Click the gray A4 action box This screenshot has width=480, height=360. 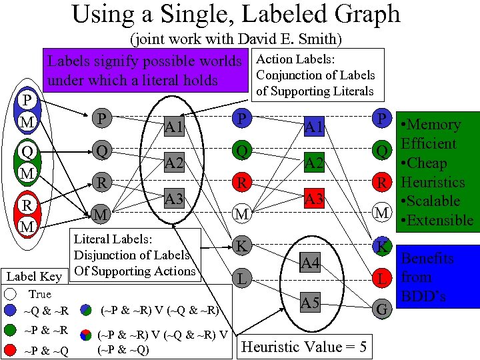pyautogui.click(x=309, y=264)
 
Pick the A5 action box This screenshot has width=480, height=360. pyautogui.click(x=309, y=303)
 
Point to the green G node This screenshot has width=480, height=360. pyautogui.click(x=382, y=309)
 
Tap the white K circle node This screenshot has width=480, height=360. pyautogui.click(x=241, y=245)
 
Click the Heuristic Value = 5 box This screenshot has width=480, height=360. pyautogui.click(x=303, y=346)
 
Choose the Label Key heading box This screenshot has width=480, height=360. pyautogui.click(x=33, y=276)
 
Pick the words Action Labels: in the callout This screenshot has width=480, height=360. pyautogui.click(x=295, y=60)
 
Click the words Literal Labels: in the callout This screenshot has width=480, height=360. pyautogui.click(x=113, y=239)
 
